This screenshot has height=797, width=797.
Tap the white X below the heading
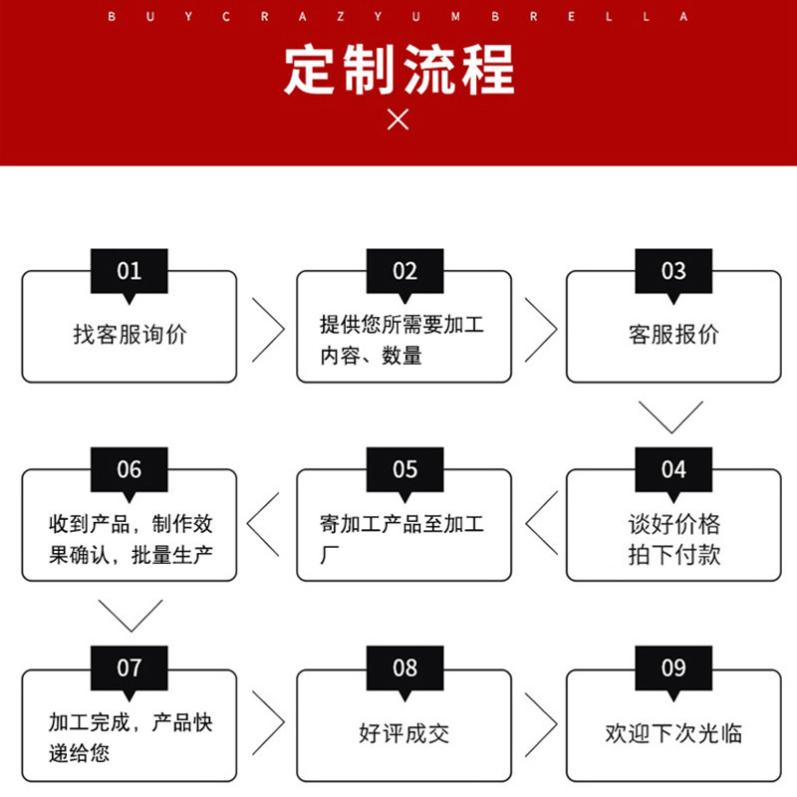(x=398, y=120)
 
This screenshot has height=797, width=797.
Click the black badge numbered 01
(x=130, y=271)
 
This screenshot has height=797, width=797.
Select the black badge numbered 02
(x=404, y=271)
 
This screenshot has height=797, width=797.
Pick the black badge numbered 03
(x=673, y=271)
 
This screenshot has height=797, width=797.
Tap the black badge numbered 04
(x=673, y=469)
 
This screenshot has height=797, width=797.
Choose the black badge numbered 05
(x=404, y=469)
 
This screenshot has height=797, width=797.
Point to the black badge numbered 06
(x=130, y=469)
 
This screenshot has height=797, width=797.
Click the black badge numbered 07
(x=130, y=667)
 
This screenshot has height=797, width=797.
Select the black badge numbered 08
(x=404, y=667)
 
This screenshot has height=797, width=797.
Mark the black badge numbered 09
(x=673, y=667)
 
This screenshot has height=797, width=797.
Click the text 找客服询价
(x=130, y=335)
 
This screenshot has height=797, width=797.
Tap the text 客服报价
(x=673, y=335)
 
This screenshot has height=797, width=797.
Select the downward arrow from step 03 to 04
(x=670, y=415)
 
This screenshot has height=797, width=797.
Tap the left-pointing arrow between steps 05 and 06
(x=264, y=525)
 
